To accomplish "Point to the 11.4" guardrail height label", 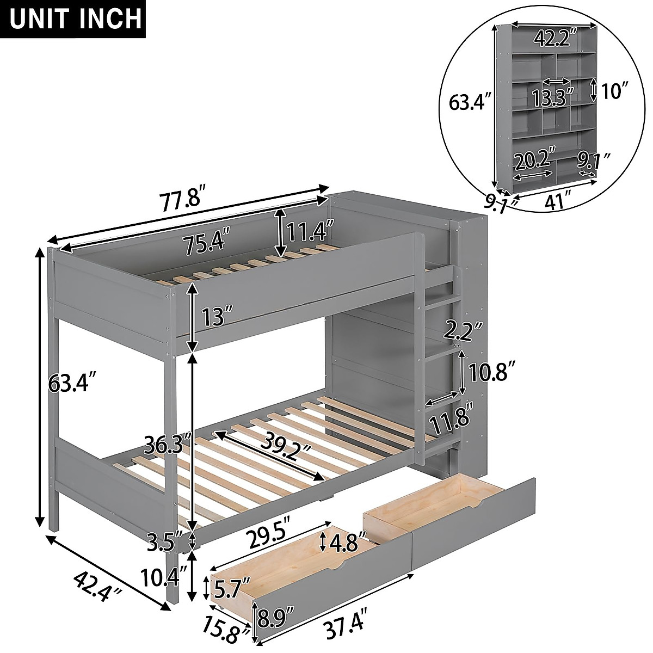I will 310,232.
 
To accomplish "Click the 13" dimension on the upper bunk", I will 215,315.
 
